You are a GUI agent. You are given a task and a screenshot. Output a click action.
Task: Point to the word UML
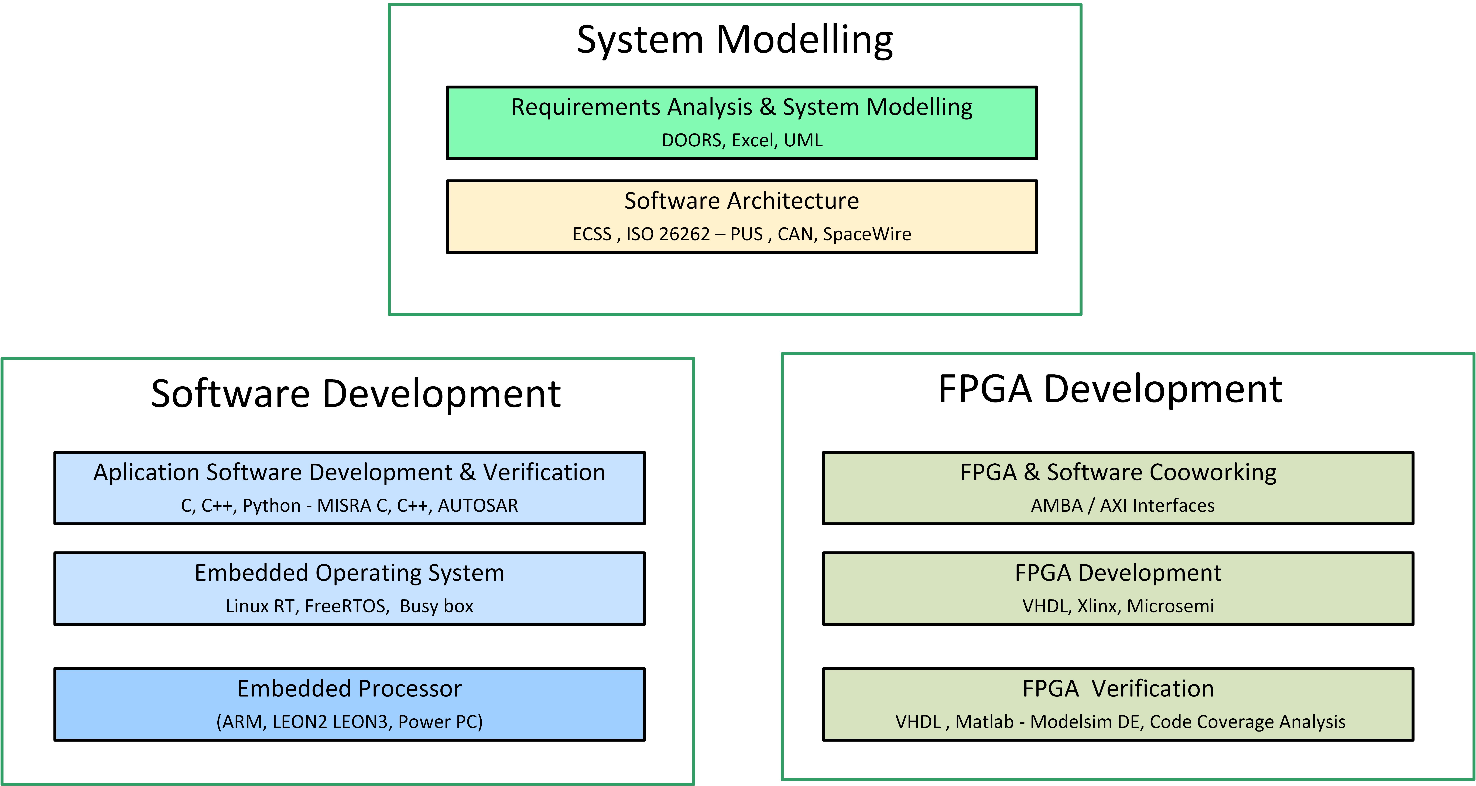(803, 140)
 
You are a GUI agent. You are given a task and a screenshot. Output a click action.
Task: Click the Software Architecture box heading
(741, 201)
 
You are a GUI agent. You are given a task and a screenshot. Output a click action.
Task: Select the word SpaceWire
(867, 234)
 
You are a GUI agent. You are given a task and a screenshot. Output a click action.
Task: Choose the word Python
(272, 506)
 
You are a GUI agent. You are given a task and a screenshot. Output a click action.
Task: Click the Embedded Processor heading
(350, 689)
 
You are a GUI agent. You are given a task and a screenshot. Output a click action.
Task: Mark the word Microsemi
(1171, 606)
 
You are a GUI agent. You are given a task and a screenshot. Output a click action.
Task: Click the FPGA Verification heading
(1118, 689)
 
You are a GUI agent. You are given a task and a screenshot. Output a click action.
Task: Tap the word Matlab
(984, 722)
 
